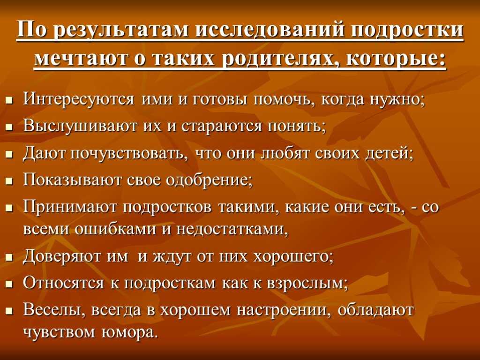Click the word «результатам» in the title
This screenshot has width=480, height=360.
coord(121,31)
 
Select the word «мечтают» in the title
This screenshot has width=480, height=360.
coord(80,58)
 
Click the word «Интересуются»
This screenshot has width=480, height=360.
coord(79,99)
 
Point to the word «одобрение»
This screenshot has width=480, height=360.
coord(209,180)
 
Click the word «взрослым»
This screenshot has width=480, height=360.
coord(307,284)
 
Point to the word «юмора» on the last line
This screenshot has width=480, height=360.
coord(130,332)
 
